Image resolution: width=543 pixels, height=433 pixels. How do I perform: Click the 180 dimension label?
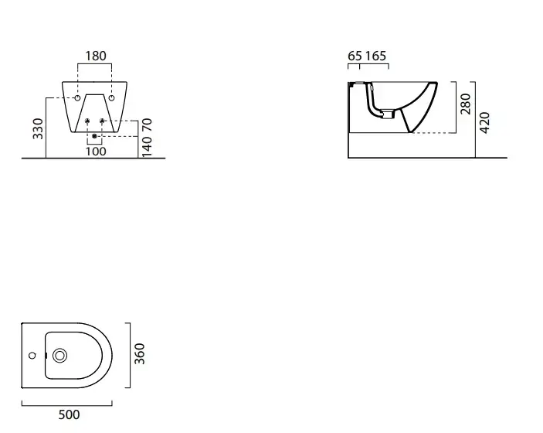(96, 56)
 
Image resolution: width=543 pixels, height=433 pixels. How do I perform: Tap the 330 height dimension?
(38, 128)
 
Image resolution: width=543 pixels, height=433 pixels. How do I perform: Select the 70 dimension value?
(148, 124)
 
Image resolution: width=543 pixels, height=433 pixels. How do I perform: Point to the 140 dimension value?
(148, 147)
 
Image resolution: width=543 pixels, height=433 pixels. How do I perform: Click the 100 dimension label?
(96, 152)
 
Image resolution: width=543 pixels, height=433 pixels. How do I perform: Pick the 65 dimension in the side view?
(355, 56)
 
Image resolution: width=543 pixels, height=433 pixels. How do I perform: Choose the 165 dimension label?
(375, 56)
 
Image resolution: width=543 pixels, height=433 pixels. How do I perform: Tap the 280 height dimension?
(466, 104)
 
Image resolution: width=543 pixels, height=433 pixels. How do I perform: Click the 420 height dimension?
(485, 122)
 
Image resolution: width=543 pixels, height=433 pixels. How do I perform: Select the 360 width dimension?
(140, 353)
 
